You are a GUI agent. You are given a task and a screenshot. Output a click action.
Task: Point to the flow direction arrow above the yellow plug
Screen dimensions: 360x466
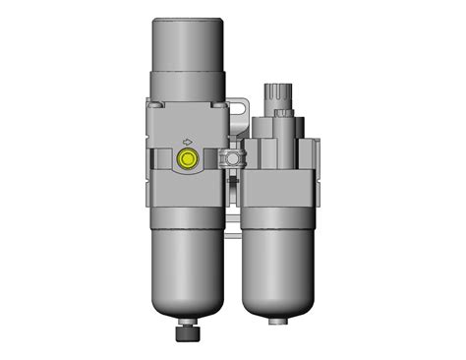(186, 140)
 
